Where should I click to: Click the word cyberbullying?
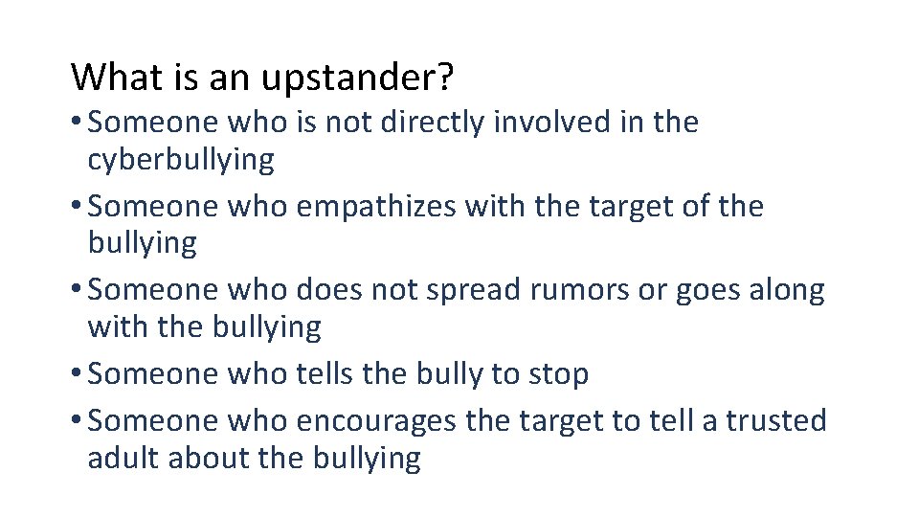[181, 160]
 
